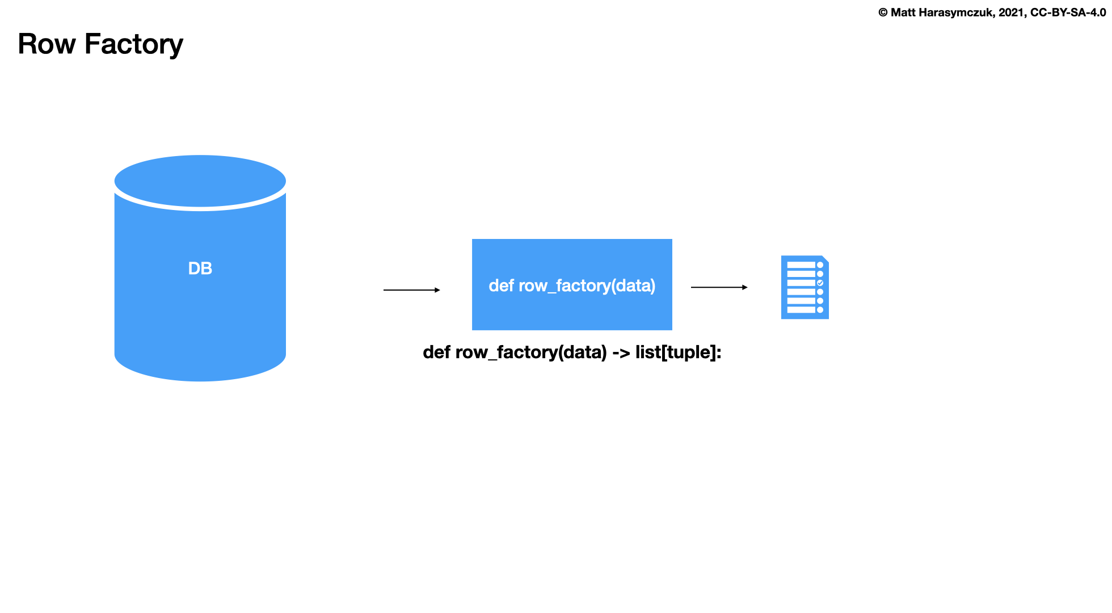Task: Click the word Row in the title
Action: (x=47, y=44)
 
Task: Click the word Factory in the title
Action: (x=134, y=44)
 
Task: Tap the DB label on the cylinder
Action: (x=200, y=268)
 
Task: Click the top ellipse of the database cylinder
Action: (x=200, y=180)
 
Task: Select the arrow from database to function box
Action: (x=411, y=290)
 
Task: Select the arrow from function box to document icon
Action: (x=719, y=287)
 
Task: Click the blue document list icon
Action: (x=804, y=287)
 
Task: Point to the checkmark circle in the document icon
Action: (x=820, y=283)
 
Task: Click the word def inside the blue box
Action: (x=501, y=285)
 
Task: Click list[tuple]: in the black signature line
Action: (x=678, y=352)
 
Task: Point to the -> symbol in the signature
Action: (x=621, y=352)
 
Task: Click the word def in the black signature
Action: (x=436, y=352)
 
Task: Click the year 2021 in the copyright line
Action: (x=1012, y=12)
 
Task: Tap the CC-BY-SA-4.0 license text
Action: (x=1068, y=12)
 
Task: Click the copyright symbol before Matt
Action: (x=883, y=12)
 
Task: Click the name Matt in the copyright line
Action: (x=903, y=12)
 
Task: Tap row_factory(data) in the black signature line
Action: (x=531, y=352)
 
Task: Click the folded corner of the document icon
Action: (x=825, y=259)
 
